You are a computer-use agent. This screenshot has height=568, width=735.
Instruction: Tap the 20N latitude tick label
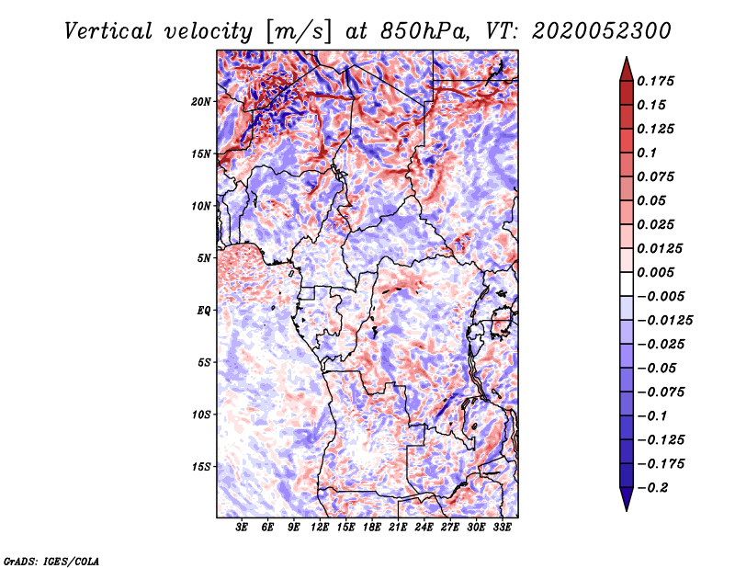click(x=201, y=101)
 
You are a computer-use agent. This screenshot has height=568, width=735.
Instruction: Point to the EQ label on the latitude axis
click(x=204, y=311)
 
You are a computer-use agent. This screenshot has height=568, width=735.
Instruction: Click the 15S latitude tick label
click(x=201, y=467)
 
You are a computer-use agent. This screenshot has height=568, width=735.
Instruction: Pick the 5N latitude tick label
click(x=204, y=258)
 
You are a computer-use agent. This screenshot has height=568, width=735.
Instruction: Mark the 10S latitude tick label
click(x=201, y=415)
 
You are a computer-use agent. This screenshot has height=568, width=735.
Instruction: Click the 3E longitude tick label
click(x=243, y=528)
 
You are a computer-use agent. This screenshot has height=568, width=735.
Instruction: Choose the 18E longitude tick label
click(x=372, y=528)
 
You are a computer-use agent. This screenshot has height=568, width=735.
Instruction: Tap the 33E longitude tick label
click(x=502, y=528)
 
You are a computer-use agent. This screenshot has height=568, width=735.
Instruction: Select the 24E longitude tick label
click(x=424, y=528)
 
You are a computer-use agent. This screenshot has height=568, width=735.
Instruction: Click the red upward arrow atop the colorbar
click(x=626, y=68)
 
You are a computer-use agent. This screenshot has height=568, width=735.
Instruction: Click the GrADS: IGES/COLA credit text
click(x=51, y=560)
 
